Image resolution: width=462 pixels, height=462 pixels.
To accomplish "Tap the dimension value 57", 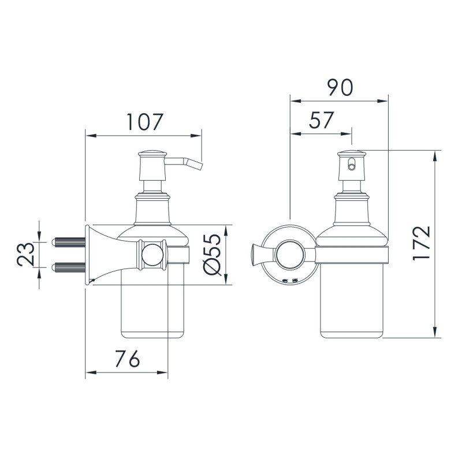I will coord(322,120).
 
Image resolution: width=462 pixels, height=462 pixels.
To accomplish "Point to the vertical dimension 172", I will coord(422,243).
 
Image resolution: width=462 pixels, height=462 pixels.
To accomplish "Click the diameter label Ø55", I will coord(212,255).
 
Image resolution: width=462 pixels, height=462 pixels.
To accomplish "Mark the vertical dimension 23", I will coord(24,254).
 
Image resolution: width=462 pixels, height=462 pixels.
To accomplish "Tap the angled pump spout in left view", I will coord(191,163).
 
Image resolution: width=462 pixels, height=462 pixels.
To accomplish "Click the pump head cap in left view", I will coord(153,154).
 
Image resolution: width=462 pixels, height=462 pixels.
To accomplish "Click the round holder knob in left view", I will coord(152,254).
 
